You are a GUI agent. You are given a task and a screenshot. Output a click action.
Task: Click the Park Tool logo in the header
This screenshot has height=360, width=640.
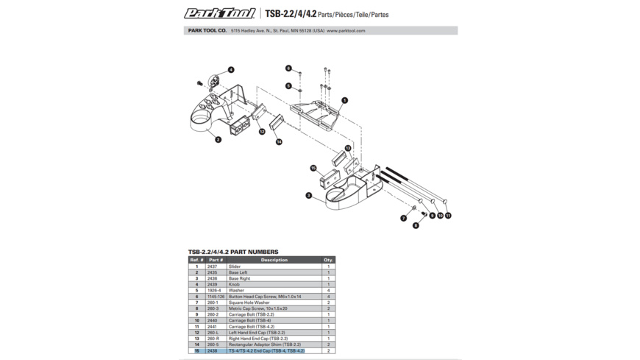(219, 13)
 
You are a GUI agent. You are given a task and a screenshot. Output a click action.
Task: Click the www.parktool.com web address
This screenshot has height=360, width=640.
(346, 31)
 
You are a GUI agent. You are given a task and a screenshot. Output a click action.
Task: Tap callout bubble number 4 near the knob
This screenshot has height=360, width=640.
(231, 70)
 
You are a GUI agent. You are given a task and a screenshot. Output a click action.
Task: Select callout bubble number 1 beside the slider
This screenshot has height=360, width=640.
(344, 100)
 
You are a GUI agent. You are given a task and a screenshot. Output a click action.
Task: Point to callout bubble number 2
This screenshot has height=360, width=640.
(218, 139)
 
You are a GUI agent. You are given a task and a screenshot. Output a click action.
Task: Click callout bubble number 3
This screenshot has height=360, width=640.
(309, 196)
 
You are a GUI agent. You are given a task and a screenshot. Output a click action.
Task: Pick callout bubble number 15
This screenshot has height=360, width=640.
(313, 169)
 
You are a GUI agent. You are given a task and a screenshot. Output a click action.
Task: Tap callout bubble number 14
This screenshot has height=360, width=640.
(279, 141)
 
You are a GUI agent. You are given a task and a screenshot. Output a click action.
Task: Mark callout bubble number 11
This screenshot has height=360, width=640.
(448, 216)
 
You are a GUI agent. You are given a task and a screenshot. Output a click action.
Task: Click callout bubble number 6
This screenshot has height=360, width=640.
(288, 68)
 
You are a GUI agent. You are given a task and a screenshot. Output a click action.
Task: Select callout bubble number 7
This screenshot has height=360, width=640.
(403, 219)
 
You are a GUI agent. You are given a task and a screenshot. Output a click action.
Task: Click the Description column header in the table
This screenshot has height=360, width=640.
(274, 260)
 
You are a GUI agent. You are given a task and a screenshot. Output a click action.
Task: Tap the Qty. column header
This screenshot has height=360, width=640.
(328, 260)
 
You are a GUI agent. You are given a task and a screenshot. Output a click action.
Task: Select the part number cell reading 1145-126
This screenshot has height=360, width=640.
(216, 297)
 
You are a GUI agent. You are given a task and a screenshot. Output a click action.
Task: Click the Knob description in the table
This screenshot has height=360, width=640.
(235, 284)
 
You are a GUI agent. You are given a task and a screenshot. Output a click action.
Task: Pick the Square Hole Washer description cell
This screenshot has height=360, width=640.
(249, 303)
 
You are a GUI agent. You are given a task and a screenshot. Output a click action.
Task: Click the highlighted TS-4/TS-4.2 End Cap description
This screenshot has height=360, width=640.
(266, 351)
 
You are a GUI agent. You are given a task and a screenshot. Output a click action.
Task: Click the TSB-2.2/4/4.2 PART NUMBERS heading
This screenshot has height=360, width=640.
(233, 252)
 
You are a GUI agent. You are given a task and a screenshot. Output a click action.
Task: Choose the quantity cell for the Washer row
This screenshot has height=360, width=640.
(328, 290)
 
